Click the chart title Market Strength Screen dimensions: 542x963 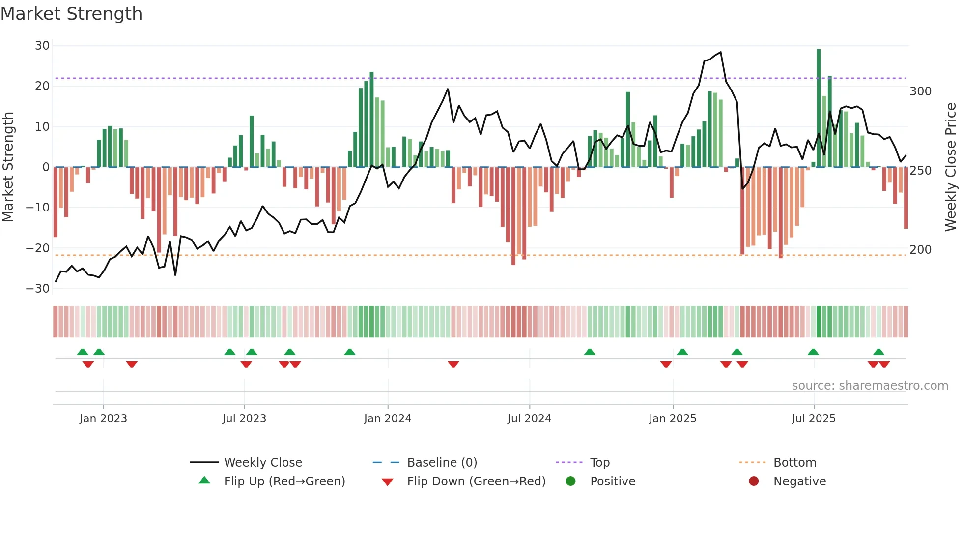[x=72, y=14]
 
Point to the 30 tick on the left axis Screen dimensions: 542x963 [x=42, y=46]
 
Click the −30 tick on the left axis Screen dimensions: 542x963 [x=38, y=289]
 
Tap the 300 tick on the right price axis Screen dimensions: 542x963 [x=920, y=91]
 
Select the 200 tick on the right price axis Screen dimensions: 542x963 [x=920, y=250]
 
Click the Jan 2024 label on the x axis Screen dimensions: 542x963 [x=388, y=419]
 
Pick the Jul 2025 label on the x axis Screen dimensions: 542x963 [x=814, y=419]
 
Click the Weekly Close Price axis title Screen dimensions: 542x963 [x=951, y=167]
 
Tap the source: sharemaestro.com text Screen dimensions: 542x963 [x=870, y=386]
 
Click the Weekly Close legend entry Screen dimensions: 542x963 [x=263, y=463]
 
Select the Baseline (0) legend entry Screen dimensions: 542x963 [x=442, y=463]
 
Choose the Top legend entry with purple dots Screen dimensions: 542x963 [x=599, y=463]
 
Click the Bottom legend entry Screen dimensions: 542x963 [x=794, y=463]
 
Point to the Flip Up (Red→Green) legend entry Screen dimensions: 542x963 [x=284, y=482]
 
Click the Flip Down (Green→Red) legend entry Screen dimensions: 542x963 [x=476, y=482]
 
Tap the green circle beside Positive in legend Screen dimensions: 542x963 [x=570, y=482]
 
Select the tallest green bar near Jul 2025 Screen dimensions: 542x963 [x=819, y=108]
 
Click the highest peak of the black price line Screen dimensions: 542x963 [x=721, y=52]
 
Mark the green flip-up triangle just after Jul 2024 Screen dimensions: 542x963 [x=590, y=352]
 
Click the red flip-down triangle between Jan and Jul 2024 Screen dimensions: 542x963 [x=453, y=364]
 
